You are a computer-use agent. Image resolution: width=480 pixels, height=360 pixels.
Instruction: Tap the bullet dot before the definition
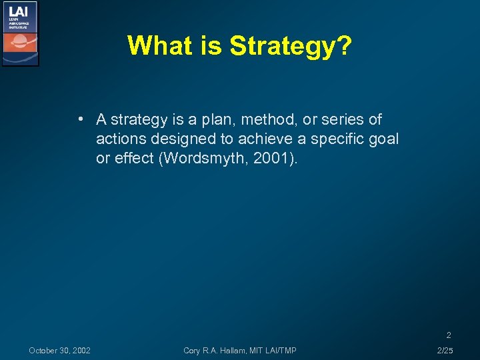click(79, 120)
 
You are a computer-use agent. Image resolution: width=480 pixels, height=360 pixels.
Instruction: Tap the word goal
click(383, 139)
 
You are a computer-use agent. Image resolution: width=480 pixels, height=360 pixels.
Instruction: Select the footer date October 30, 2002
click(60, 351)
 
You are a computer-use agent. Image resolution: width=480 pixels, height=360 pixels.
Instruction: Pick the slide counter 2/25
click(444, 351)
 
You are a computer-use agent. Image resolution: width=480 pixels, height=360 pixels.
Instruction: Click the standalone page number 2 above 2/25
click(449, 335)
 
